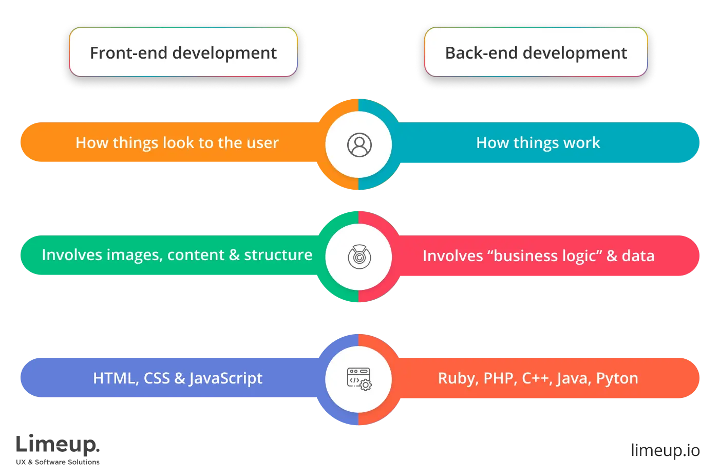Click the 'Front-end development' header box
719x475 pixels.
(x=183, y=52)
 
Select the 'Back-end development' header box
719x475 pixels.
(x=536, y=52)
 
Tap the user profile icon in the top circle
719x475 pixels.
(x=359, y=145)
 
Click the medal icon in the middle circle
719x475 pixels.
(x=359, y=256)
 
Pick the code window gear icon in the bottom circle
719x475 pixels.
(x=359, y=379)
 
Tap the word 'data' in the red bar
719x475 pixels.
(x=638, y=256)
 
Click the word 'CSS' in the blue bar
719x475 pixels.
(x=157, y=378)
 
